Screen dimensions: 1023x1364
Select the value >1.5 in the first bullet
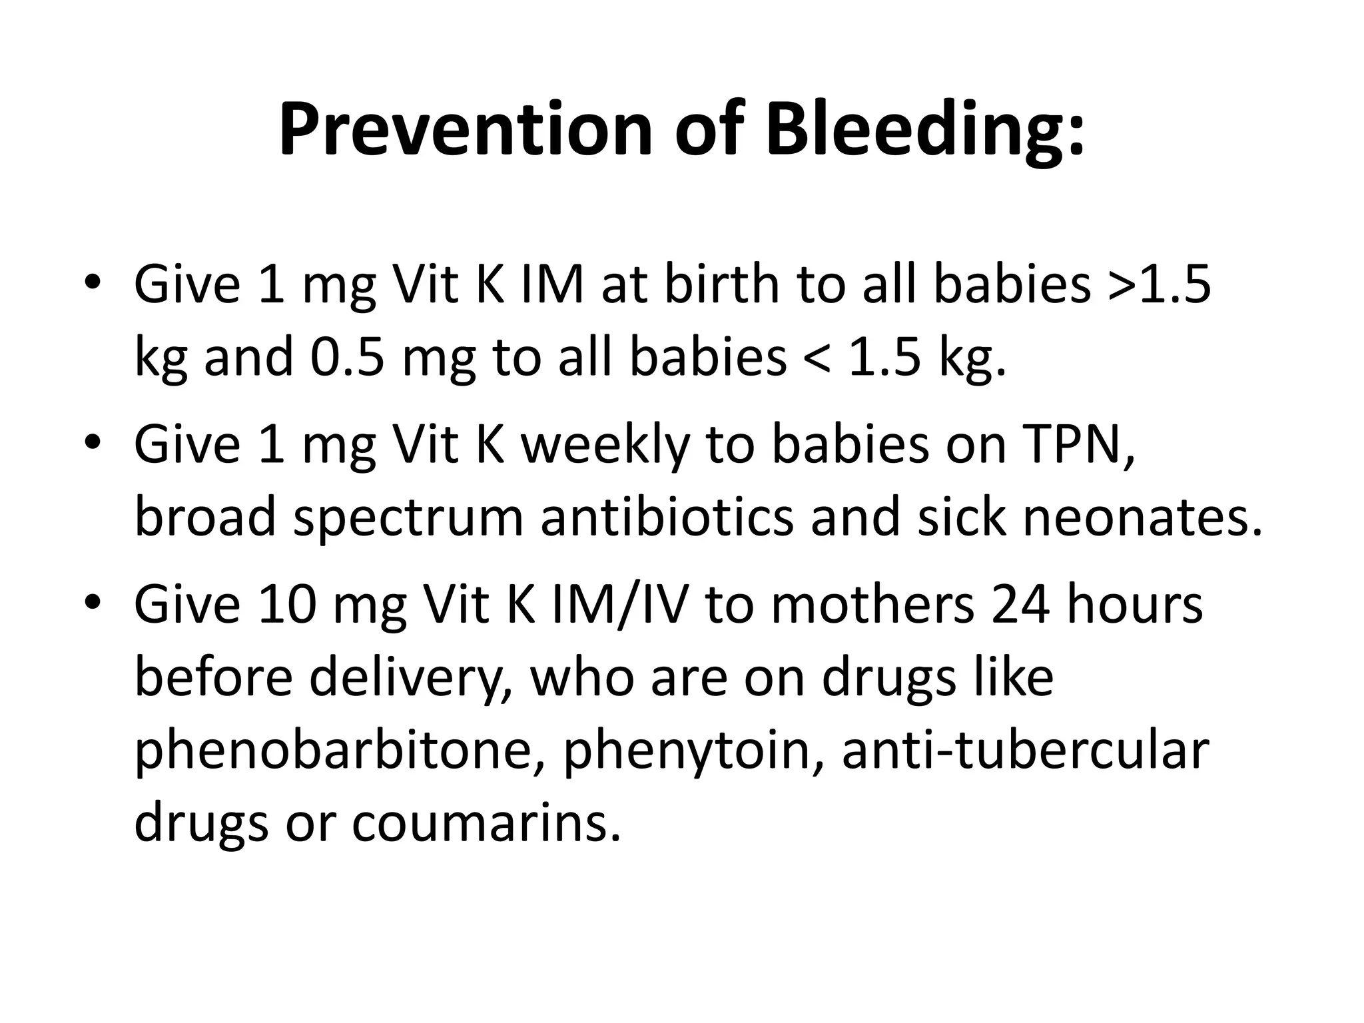tap(1160, 285)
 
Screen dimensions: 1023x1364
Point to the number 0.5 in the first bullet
tap(347, 358)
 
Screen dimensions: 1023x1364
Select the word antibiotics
tap(667, 517)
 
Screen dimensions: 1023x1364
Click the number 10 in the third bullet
tap(287, 605)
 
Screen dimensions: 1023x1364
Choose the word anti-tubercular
tap(1025, 750)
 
